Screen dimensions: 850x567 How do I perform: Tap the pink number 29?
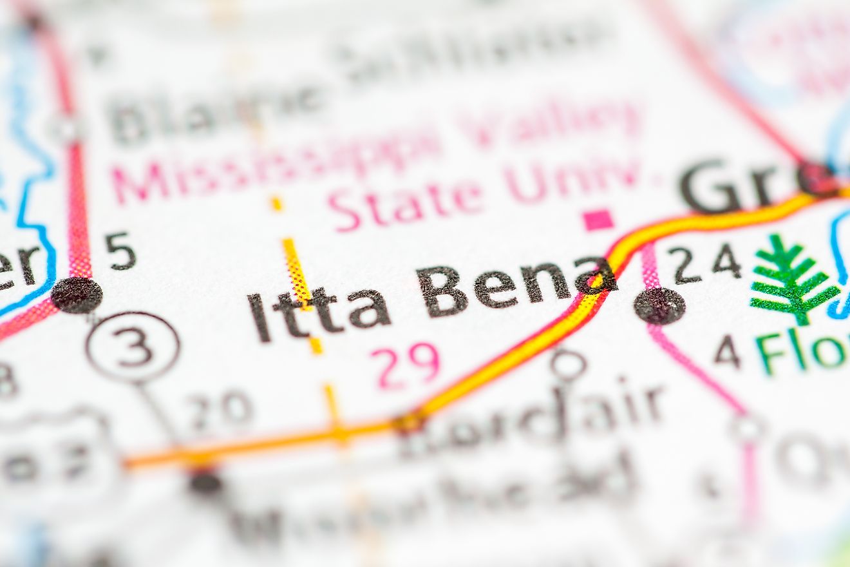tap(405, 365)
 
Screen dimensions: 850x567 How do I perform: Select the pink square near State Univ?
tap(598, 220)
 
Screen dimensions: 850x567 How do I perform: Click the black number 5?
tap(120, 251)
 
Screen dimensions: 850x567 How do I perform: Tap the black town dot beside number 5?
tap(77, 295)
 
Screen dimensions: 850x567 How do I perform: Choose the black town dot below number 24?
tap(659, 305)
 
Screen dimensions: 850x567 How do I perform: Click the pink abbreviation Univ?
tap(572, 177)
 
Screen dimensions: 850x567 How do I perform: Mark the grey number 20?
tap(220, 408)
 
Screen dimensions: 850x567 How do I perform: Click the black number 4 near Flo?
tap(727, 352)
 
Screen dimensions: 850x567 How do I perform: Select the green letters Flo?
tap(801, 352)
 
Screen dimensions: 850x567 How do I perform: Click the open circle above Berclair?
tap(568, 365)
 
